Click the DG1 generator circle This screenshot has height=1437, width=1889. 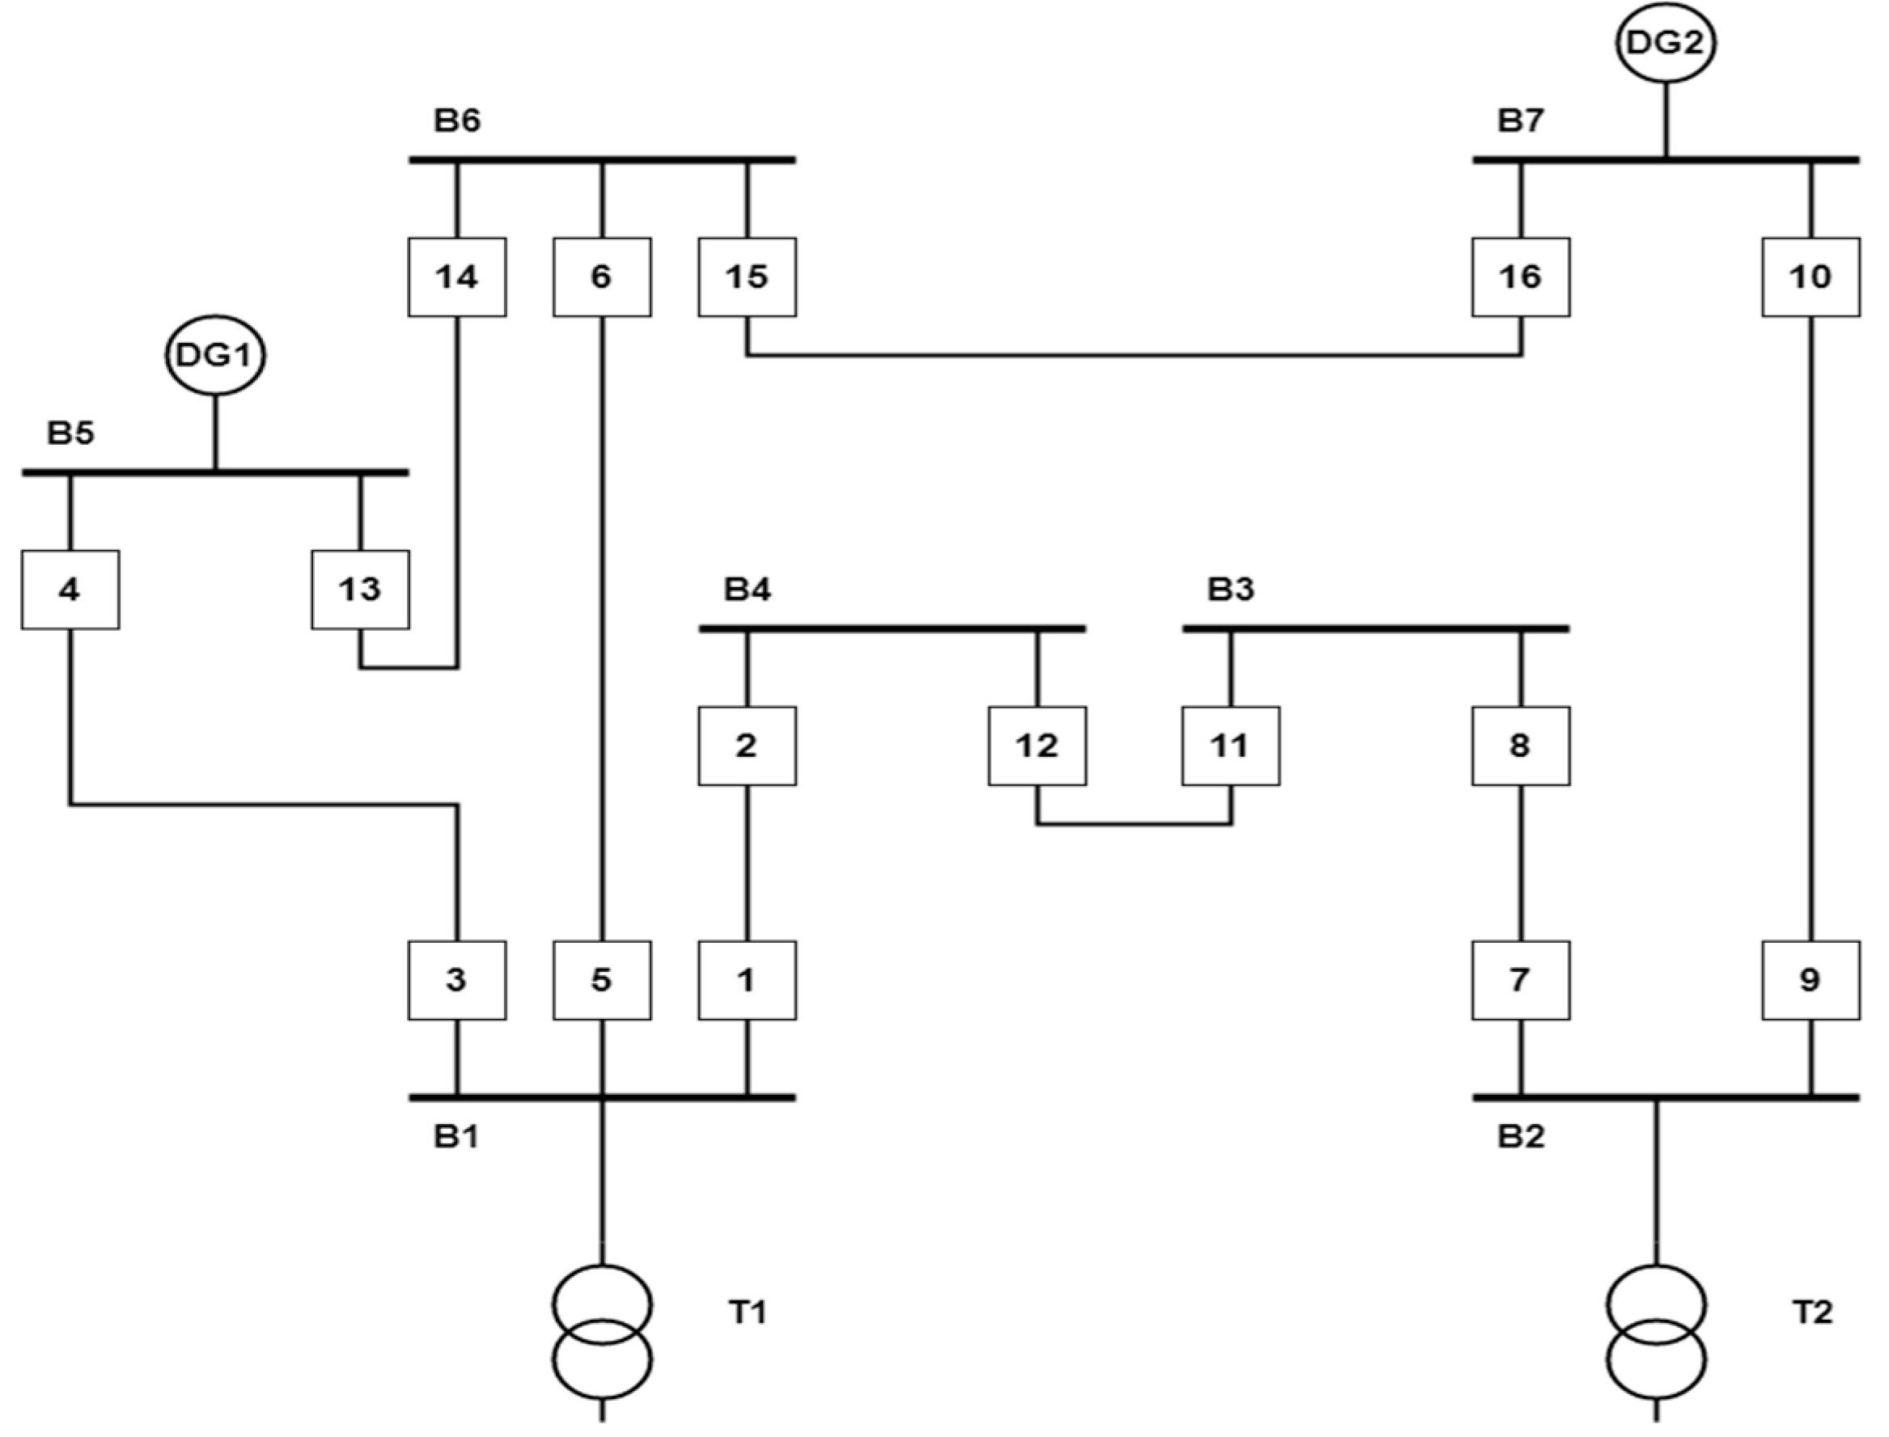click(x=214, y=355)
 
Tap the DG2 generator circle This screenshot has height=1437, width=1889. click(x=1665, y=43)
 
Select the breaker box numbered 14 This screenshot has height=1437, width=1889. click(x=457, y=277)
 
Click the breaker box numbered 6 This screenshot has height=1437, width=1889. click(x=601, y=277)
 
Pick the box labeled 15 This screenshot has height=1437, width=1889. click(x=747, y=277)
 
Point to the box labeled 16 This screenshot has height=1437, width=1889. click(x=1520, y=277)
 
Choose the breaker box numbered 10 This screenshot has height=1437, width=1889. click(x=1811, y=277)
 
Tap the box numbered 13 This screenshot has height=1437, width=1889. click(x=360, y=590)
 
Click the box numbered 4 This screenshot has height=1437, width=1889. click(x=70, y=590)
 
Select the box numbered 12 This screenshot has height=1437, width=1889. click(x=1037, y=746)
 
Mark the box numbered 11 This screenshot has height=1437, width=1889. click(x=1230, y=746)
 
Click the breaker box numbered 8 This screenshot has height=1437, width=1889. click(x=1520, y=746)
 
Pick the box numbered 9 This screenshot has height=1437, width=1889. click(x=1811, y=980)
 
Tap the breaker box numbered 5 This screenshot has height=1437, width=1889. click(x=601, y=980)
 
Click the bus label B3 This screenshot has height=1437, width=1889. click(x=1230, y=590)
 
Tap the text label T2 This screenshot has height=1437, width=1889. click(x=1812, y=1312)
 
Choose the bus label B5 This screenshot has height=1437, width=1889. click(x=70, y=433)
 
